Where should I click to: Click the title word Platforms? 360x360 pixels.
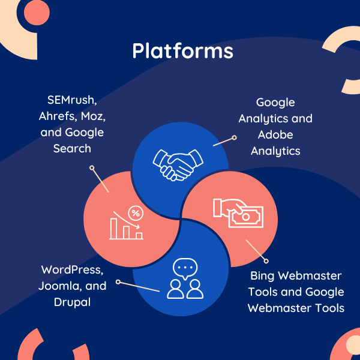(x=182, y=51)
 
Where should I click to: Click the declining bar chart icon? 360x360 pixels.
(x=126, y=223)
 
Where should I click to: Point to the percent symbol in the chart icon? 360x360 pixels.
(x=136, y=213)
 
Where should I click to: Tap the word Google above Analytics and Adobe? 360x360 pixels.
(x=275, y=102)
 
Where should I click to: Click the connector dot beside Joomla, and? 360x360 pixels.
(x=118, y=281)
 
